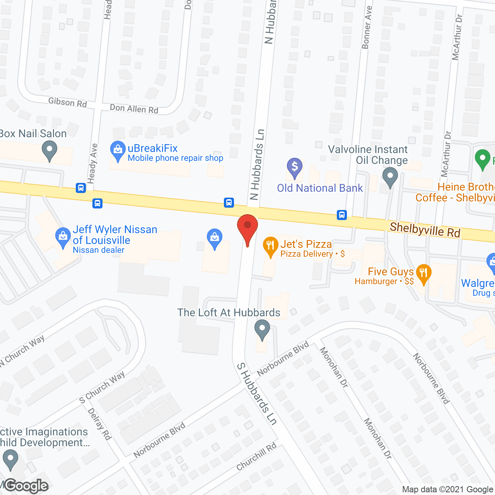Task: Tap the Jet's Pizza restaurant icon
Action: pyautogui.click(x=271, y=245)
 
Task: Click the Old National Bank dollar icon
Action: pyautogui.click(x=295, y=167)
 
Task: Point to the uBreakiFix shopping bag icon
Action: pyautogui.click(x=118, y=150)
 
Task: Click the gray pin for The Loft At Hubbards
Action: pyautogui.click(x=262, y=329)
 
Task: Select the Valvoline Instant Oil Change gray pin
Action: pyautogui.click(x=390, y=177)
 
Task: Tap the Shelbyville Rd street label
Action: pyautogui.click(x=425, y=230)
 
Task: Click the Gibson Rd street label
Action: pyautogui.click(x=67, y=102)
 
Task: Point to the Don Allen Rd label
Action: pyautogui.click(x=134, y=109)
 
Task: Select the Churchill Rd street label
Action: pyautogui.click(x=257, y=456)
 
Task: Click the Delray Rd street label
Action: pyautogui.click(x=100, y=424)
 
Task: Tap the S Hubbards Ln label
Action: pyautogui.click(x=257, y=394)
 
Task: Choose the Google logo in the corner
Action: pyautogui.click(x=26, y=486)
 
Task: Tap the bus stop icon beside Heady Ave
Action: pyautogui.click(x=81, y=188)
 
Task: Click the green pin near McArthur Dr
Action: pyautogui.click(x=482, y=159)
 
